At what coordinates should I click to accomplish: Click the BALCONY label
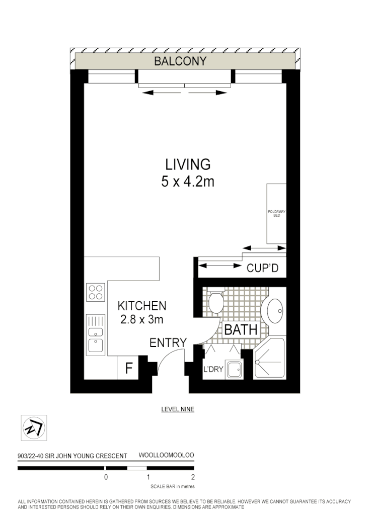tap(180, 61)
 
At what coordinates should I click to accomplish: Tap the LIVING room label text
tap(187, 164)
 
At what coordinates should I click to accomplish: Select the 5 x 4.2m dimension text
tap(187, 182)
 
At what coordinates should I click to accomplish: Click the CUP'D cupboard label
tap(262, 268)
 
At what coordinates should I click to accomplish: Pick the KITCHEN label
tap(141, 306)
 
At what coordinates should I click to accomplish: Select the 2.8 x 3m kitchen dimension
tap(141, 319)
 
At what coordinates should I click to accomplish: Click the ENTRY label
tap(168, 343)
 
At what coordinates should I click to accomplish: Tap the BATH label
tap(241, 330)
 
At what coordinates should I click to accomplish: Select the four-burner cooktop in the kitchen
tap(96, 292)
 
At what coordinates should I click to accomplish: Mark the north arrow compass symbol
tap(34, 428)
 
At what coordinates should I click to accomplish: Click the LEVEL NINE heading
tap(177, 409)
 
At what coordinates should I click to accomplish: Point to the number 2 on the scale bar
tap(193, 477)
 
